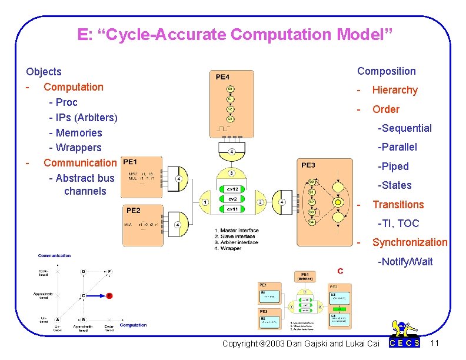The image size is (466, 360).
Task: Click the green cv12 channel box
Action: [232, 189]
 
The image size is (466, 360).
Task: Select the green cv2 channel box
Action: [232, 199]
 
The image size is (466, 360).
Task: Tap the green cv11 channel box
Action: [232, 209]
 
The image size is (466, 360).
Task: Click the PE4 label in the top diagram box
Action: [222, 76]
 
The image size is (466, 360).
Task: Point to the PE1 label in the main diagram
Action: [130, 162]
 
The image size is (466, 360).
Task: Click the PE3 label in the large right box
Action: [308, 165]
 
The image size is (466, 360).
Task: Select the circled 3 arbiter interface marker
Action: [232, 174]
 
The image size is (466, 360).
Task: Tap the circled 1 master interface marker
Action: [205, 202]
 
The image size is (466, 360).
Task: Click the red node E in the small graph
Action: [109, 295]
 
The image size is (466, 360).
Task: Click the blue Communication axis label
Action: [54, 255]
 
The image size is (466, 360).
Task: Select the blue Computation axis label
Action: [133, 325]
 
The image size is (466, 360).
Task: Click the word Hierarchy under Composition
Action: [394, 90]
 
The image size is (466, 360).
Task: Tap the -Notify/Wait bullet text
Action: [405, 261]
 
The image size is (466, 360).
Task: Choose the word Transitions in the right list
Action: [398, 205]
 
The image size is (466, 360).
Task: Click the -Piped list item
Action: [393, 166]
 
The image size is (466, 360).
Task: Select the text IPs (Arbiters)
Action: [83, 118]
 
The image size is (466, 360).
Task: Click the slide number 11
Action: [435, 342]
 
